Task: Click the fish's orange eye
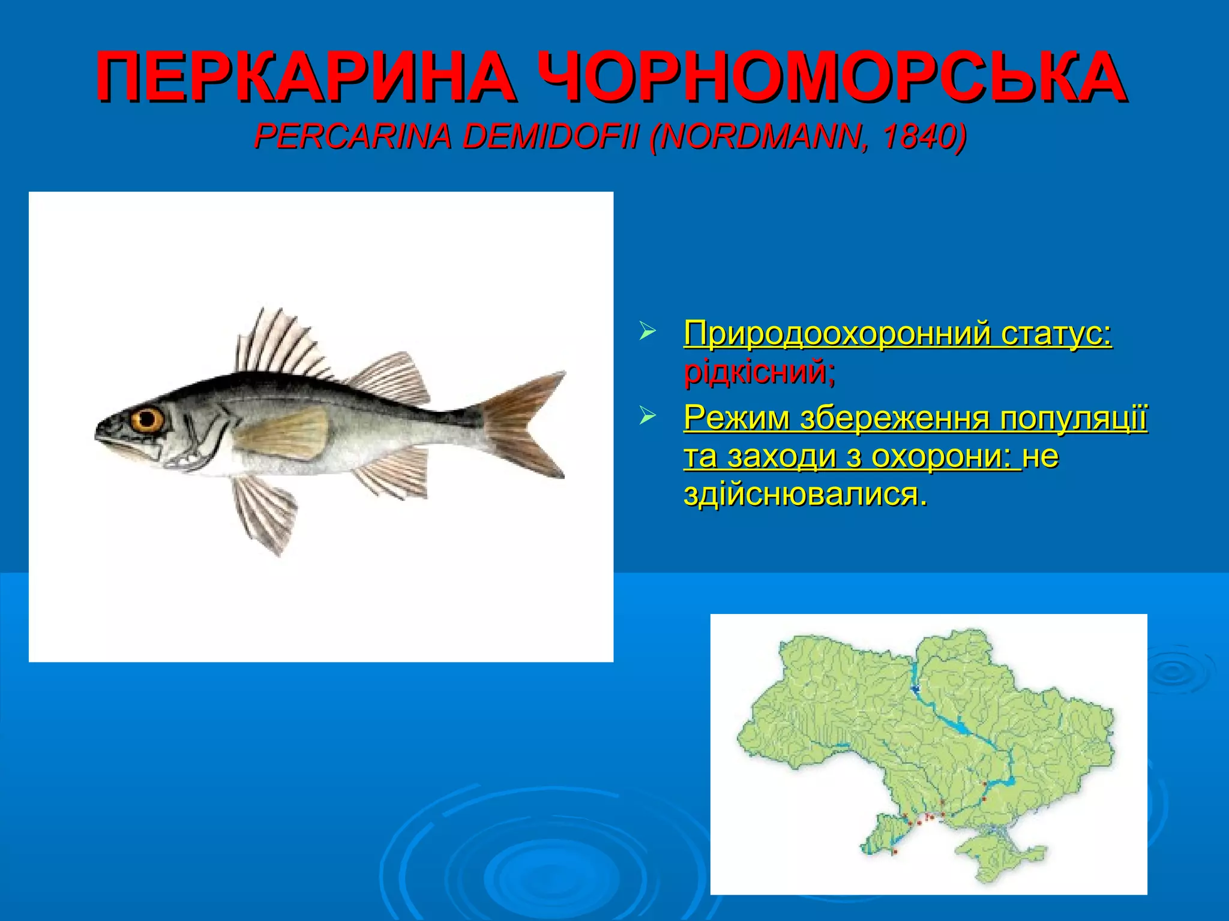147,419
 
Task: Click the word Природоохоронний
837,333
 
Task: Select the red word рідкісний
759,372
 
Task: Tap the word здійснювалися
804,495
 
